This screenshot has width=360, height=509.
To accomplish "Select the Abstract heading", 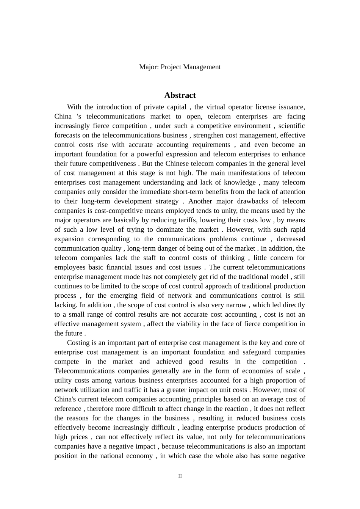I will click(180, 95).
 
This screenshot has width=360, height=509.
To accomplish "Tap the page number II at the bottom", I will click(180, 476).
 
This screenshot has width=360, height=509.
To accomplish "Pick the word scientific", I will click(292, 126).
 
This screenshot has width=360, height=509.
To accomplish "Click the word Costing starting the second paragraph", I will click(79, 343).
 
